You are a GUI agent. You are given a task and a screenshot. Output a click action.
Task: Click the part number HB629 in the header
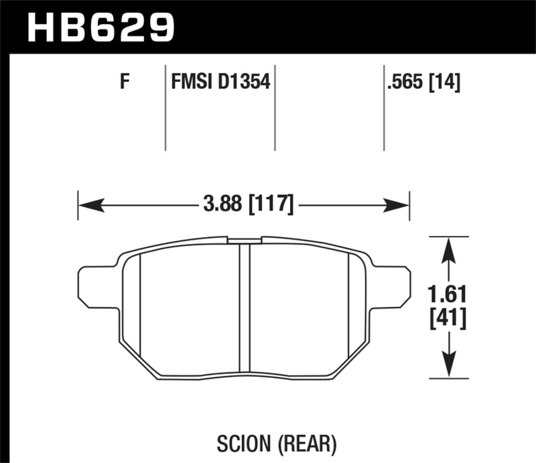pos(100,27)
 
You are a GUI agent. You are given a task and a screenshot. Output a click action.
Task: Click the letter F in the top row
pos(124,83)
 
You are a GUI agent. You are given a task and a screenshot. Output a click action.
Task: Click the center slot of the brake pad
pos(245,308)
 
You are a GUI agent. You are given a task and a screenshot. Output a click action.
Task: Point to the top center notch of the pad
pos(245,239)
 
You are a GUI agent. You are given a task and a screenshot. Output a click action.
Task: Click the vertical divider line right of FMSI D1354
pos(275,107)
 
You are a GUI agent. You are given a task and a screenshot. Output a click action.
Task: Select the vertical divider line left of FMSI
pos(165,107)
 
